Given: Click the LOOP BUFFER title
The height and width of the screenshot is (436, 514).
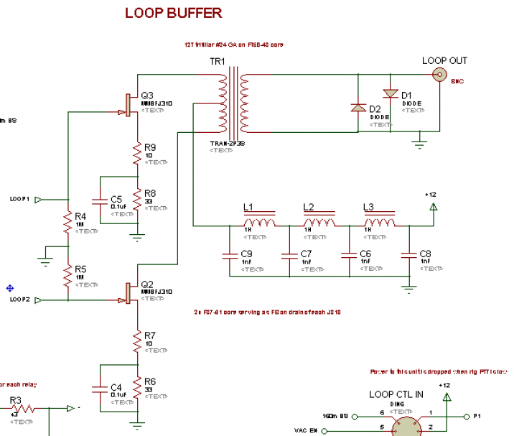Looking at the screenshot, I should point(173,13).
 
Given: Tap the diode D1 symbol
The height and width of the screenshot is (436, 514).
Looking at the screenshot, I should point(390,94).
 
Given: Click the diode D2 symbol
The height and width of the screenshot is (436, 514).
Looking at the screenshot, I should point(358,108).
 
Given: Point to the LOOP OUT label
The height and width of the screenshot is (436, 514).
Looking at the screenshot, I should point(444,61).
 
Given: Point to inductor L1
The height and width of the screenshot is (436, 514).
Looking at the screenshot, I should point(259,223).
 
